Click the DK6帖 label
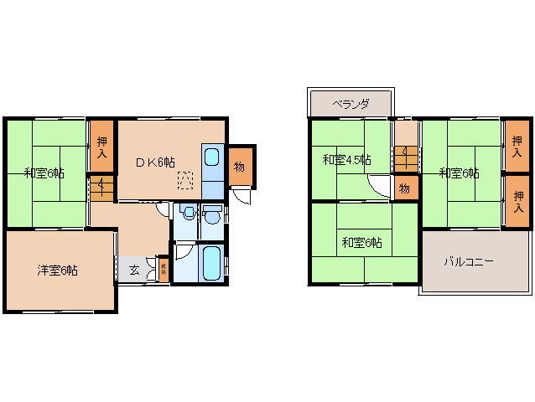point(155,161)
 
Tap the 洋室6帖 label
point(57,271)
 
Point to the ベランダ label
point(350,105)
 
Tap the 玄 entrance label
point(134,270)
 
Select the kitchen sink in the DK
point(212,157)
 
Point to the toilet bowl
point(188,213)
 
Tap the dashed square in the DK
point(185,178)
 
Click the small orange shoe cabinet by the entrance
point(163,271)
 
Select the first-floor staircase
point(101,186)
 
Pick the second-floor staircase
point(405,156)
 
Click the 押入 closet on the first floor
point(101,147)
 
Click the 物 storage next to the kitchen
point(239,167)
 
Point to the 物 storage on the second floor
point(404,188)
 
